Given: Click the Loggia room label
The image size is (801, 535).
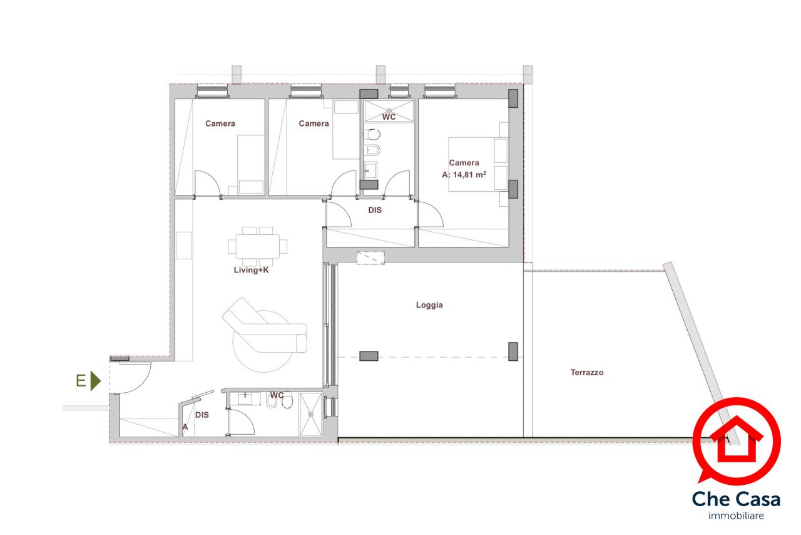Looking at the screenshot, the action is [x=429, y=305].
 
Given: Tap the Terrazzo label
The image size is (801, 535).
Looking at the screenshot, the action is [x=587, y=372].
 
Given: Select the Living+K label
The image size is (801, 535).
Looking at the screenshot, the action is [x=251, y=270].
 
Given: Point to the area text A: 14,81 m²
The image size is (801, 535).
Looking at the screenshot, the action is [x=464, y=175].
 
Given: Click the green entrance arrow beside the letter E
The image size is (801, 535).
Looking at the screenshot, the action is [x=96, y=381].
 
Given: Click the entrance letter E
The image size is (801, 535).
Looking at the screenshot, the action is [x=81, y=381].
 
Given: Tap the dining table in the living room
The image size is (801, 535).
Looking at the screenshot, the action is [x=257, y=246].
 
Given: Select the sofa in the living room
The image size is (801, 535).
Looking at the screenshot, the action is [x=265, y=326].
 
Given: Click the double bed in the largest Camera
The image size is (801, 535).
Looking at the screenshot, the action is [x=478, y=164].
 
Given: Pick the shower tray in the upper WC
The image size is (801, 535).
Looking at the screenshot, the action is [x=389, y=111].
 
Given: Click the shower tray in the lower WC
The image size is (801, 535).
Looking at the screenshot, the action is [x=311, y=414].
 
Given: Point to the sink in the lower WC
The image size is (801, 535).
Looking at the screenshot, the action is [x=245, y=398].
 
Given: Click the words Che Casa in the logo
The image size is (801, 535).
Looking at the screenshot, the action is [x=737, y=499].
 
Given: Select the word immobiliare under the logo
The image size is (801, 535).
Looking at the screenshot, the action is [x=736, y=516].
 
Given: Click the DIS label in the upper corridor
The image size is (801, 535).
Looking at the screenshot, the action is [x=375, y=210].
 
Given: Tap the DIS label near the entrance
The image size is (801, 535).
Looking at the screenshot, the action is [x=202, y=415].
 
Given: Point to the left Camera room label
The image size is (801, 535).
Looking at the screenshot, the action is [x=220, y=123].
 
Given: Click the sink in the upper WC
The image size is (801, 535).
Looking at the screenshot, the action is [x=370, y=170].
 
